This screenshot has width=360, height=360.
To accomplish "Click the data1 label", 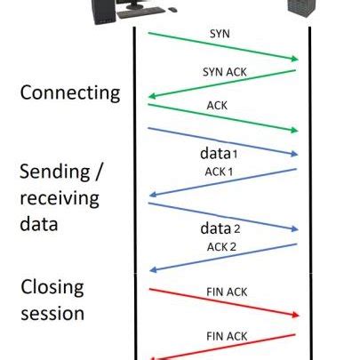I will click(220, 152).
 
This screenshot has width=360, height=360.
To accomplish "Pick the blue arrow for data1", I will click(222, 140).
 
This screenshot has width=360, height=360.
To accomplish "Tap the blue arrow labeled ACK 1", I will click(222, 182).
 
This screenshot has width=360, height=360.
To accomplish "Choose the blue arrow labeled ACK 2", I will click(222, 257).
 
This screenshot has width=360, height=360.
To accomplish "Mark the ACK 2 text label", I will click(222, 245).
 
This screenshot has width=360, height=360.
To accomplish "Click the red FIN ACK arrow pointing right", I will click(222, 301).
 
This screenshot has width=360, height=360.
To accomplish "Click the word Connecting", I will click(69, 93).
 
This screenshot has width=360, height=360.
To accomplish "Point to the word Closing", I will click(52, 288).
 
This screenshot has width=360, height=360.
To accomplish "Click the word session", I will click(52, 313).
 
